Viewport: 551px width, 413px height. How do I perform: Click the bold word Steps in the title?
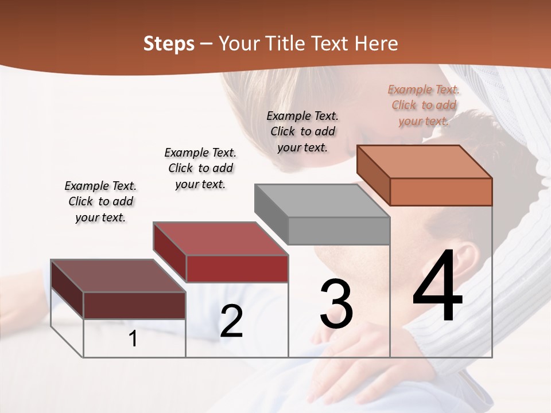pyautogui.click(x=169, y=44)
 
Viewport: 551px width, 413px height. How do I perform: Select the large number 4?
pyautogui.click(x=438, y=287)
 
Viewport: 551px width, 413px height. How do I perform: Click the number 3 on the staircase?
pyautogui.click(x=336, y=305)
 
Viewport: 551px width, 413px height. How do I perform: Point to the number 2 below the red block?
pyautogui.click(x=231, y=321)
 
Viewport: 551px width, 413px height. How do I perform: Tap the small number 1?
pyautogui.click(x=133, y=339)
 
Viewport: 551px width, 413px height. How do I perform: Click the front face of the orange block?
pyautogui.click(x=441, y=192)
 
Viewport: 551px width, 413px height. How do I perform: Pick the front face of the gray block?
pyautogui.click(x=339, y=231)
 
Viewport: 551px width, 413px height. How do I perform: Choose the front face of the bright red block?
pyautogui.click(x=237, y=268)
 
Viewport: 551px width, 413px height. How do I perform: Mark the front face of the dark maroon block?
pyautogui.click(x=134, y=305)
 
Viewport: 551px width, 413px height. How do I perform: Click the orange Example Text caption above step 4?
pyautogui.click(x=424, y=105)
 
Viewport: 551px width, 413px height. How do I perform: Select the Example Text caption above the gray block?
pyautogui.click(x=302, y=131)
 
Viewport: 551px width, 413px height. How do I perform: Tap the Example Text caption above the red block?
pyautogui.click(x=200, y=168)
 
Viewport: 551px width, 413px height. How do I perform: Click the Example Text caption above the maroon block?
pyautogui.click(x=100, y=201)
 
